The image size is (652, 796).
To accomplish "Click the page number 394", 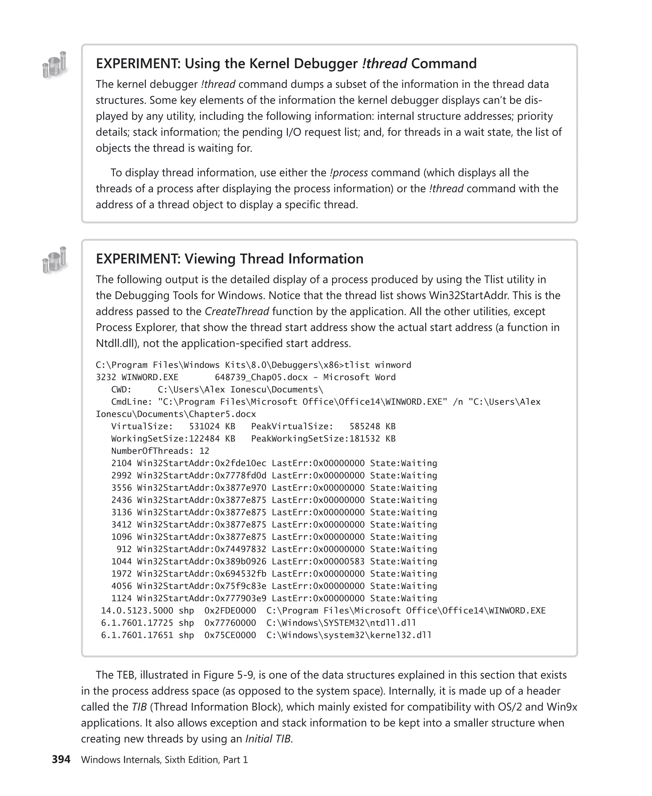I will coord(61,759).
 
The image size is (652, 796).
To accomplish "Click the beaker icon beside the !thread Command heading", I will coord(54,65).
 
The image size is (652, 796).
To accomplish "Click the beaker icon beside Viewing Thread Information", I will coord(54,260).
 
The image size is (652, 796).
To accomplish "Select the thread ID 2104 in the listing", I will coord(121,463).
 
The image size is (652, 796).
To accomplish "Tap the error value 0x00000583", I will coord(339,561).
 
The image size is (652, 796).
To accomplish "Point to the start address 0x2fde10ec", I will coord(240,463).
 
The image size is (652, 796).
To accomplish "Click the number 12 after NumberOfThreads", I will coord(204,451).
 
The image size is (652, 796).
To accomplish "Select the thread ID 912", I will coord(124,549).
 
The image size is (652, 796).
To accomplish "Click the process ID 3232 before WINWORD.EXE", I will coord(106,377).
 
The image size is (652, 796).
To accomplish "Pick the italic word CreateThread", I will coord(237,311).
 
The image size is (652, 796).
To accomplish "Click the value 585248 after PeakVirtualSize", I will coord(365,426).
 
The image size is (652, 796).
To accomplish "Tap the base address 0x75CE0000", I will coord(230,635).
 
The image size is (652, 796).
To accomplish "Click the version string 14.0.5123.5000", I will coord(137,610).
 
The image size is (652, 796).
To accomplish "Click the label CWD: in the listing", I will coord(121,389).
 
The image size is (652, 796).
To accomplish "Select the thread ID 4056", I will coord(121,586).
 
